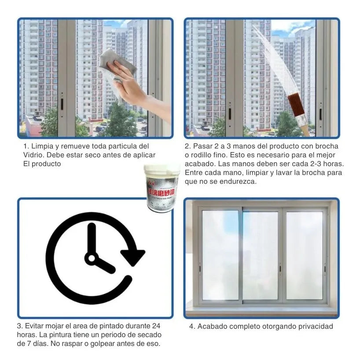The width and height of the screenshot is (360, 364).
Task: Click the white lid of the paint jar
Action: pyautogui.click(x=162, y=170)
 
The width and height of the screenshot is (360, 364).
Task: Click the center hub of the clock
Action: pyautogui.click(x=92, y=258)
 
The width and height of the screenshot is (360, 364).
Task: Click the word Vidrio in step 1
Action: pyautogui.click(x=33, y=155)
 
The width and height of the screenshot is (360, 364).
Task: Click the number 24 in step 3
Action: pyautogui.click(x=155, y=326)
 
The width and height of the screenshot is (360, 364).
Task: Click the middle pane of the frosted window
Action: pyautogui.click(x=261, y=256)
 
